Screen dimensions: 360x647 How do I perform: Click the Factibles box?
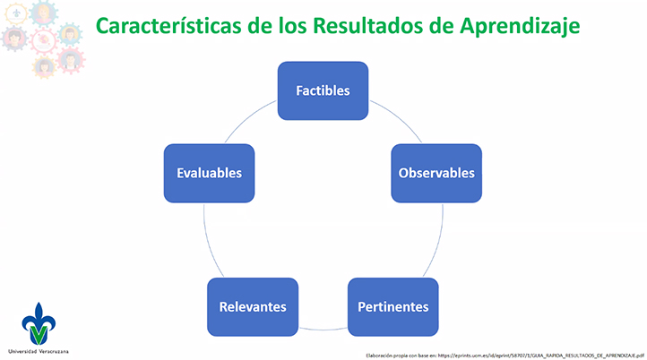(323, 90)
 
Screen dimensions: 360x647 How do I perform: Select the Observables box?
(436, 173)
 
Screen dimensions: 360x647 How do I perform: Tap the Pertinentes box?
(393, 307)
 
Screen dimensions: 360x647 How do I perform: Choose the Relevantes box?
(253, 307)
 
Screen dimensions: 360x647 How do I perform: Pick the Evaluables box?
(209, 173)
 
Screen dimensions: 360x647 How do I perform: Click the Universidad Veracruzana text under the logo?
(38, 350)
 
